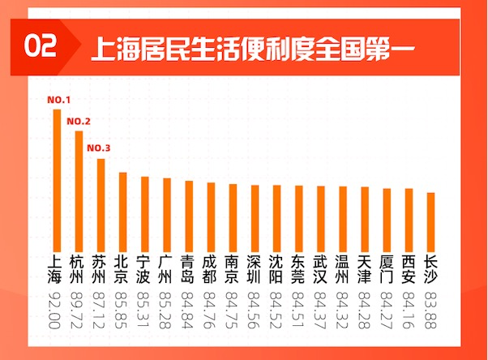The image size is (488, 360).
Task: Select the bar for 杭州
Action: (x=79, y=191)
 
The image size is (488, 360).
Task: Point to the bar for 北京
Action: (x=122, y=212)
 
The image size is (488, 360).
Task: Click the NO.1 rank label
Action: (x=58, y=101)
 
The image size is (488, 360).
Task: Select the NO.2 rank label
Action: (x=79, y=122)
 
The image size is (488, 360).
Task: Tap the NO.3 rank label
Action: (x=100, y=148)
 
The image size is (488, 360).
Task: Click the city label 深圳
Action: (x=255, y=268)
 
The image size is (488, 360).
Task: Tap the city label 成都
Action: (x=211, y=268)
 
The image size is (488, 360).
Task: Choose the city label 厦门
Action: (x=387, y=268)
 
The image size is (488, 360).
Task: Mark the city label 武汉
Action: (x=321, y=268)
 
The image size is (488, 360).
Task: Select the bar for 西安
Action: (x=409, y=220)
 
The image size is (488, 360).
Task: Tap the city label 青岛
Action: (x=189, y=268)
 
